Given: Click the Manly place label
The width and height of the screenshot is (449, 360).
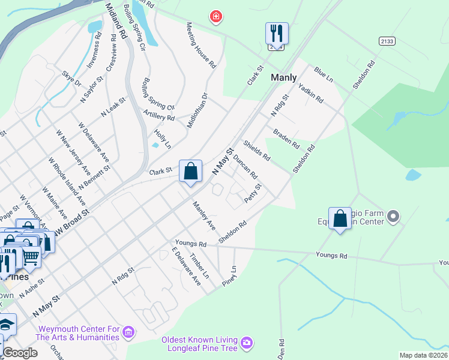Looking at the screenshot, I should tap(283, 77).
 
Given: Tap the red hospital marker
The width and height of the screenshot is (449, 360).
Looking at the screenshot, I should tap(215, 17).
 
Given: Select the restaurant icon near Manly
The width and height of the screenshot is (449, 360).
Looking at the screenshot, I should tap(277, 33).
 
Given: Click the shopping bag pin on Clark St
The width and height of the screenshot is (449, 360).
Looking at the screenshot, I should tap(191, 172).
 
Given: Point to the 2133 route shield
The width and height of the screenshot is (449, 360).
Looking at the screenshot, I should tap(387, 40).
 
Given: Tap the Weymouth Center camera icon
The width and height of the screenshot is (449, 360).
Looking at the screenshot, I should tap(128, 332).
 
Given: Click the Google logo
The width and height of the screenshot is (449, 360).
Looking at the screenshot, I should tap(20, 353).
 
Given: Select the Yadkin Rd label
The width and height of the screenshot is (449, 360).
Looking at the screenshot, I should tap(311, 92).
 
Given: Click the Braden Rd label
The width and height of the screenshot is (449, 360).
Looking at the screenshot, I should tap(286, 138).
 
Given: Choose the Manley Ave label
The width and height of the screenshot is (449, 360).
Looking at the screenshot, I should tap(204, 216).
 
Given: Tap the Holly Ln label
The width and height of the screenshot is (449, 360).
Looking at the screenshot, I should tap(163, 139).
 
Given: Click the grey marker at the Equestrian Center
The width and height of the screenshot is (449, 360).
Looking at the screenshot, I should tap(394, 215).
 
